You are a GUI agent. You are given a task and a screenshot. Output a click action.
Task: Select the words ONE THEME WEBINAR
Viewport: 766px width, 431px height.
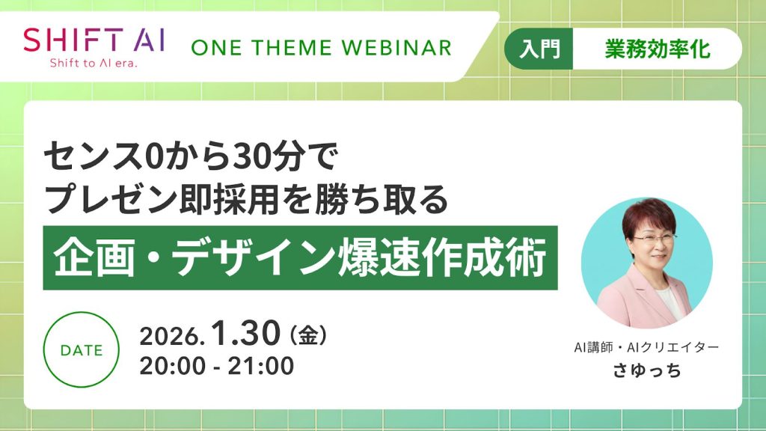(321, 48)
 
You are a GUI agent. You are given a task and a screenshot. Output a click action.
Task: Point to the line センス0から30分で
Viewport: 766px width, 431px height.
(191, 157)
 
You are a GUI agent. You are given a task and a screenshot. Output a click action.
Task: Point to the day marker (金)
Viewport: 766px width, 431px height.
(307, 335)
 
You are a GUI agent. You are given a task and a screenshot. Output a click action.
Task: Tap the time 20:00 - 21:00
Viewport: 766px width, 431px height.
(216, 366)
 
